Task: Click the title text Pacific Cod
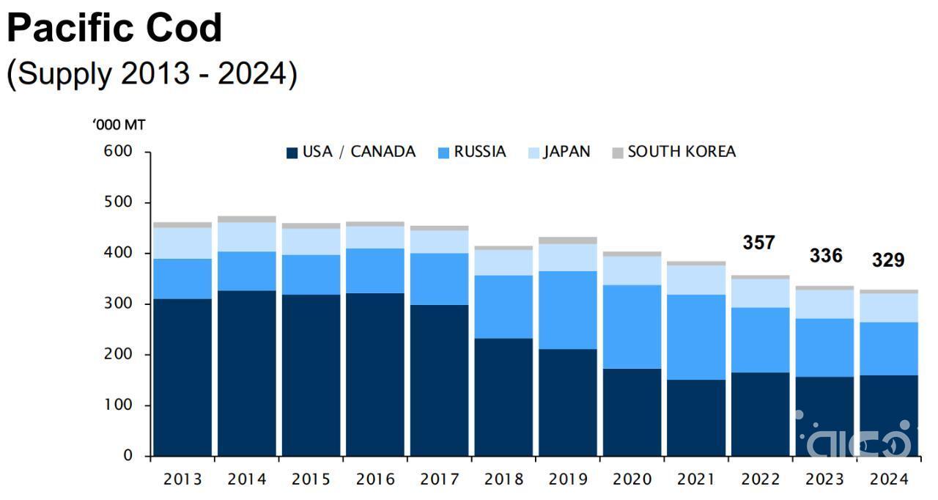tap(114, 28)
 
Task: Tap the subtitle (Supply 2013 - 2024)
tap(152, 73)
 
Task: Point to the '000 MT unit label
tap(119, 125)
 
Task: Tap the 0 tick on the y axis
tap(128, 456)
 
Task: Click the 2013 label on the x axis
tap(182, 479)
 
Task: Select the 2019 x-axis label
tap(567, 479)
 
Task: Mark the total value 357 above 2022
tap(758, 243)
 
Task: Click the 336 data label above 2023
tap(825, 256)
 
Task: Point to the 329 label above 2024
tap(887, 260)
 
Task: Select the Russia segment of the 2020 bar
tap(632, 326)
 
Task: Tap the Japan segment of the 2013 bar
tap(182, 243)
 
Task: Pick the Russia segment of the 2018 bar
tap(503, 306)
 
